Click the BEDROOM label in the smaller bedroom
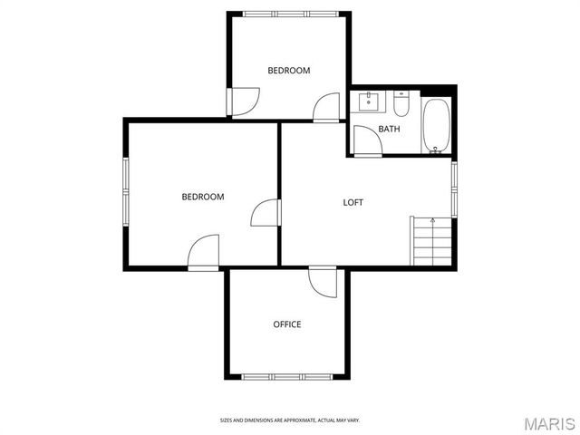(288, 71)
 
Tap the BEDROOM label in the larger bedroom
(203, 197)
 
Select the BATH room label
(389, 129)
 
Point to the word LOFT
(353, 202)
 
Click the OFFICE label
(287, 324)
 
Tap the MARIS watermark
(548, 422)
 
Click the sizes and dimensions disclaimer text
(289, 420)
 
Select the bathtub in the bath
(436, 126)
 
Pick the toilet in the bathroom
(401, 106)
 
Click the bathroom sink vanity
(371, 101)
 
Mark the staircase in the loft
(431, 241)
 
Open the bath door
(366, 140)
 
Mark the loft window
(454, 189)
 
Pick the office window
(287, 375)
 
